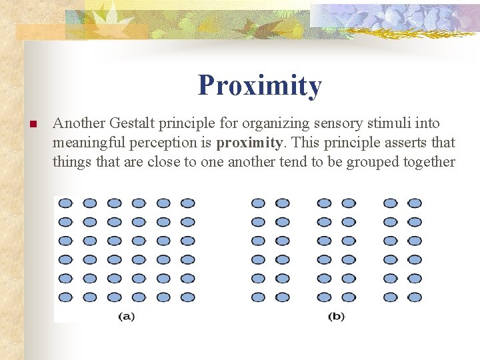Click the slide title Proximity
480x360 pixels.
click(x=259, y=86)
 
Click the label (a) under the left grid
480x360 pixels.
click(x=127, y=317)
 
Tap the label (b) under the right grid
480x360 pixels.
click(x=336, y=317)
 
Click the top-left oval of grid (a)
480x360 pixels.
click(x=65, y=203)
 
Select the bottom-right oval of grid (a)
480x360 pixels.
click(x=187, y=297)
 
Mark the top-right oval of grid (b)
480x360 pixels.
click(x=415, y=203)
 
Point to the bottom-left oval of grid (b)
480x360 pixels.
click(x=258, y=297)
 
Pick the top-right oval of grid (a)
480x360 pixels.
click(x=187, y=203)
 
